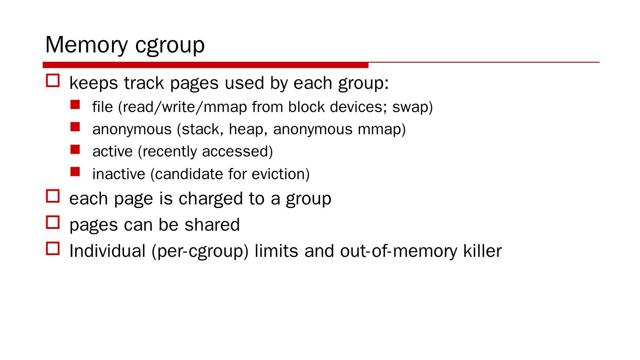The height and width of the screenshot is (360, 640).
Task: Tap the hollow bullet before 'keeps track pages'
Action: tap(53, 81)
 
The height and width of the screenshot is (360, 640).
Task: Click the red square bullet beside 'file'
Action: tap(75, 105)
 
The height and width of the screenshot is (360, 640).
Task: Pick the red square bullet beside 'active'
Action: tap(75, 149)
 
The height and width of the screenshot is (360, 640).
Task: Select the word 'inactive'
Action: tap(119, 174)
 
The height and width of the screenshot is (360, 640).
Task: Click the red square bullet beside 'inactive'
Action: tap(75, 172)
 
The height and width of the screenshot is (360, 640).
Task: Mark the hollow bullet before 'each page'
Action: tap(53, 196)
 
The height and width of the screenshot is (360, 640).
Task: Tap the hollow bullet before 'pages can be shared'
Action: tap(53, 222)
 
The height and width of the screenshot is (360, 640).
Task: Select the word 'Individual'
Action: tap(108, 251)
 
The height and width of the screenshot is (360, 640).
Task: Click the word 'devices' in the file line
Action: tap(358, 107)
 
